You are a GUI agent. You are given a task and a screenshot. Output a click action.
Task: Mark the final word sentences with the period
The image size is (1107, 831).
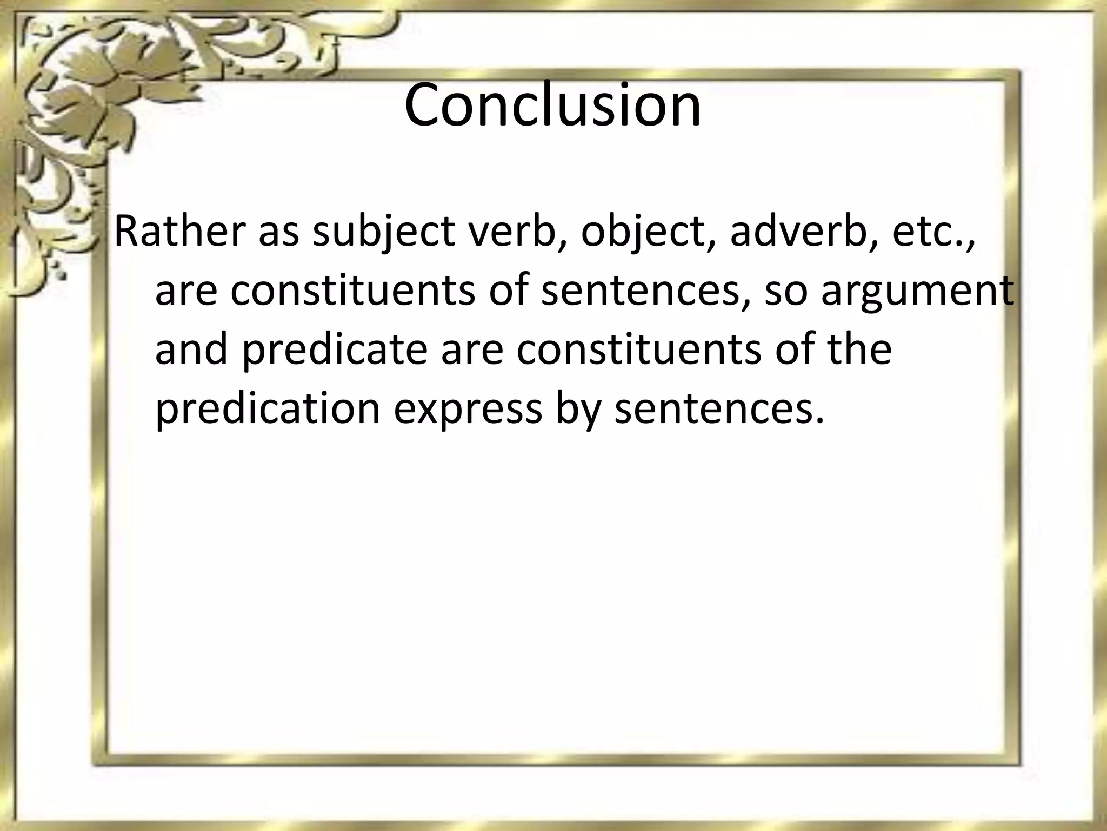coord(719,410)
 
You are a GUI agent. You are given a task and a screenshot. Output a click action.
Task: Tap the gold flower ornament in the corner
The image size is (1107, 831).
coord(81,76)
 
